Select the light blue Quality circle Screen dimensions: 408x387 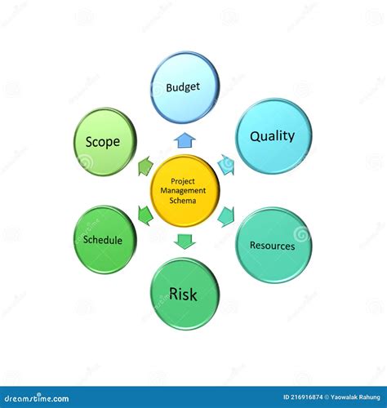pos(273,136)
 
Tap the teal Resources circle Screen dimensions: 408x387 pos(274,245)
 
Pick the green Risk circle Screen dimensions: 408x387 pos(185,294)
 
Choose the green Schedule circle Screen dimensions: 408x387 pos(104,240)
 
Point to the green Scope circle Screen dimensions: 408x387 pos(104,142)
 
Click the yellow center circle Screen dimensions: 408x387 pos(185,191)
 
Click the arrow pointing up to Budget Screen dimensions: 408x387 pos(185,140)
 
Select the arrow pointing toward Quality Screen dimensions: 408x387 pos(226,165)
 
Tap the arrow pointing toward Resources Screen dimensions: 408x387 pos(225,216)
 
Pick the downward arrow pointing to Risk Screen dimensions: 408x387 pos(185,241)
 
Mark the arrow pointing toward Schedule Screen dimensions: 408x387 pos(145,215)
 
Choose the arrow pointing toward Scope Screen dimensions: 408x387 pos(145,166)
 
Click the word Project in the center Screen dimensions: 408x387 pos(185,181)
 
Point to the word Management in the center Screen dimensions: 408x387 pos(185,190)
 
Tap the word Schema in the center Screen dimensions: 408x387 pos(185,200)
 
